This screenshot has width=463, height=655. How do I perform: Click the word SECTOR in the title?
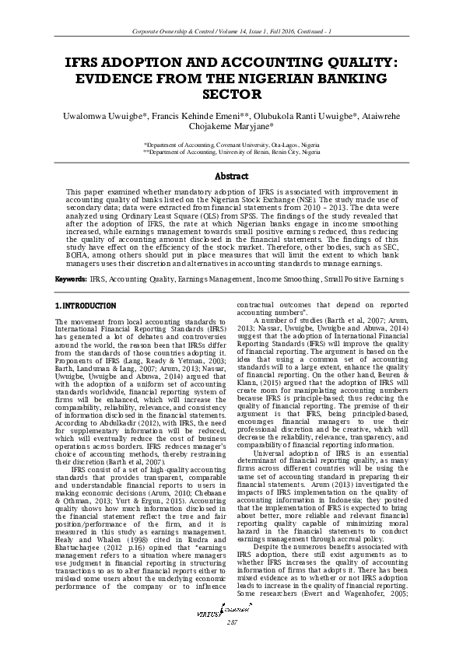coord(231,95)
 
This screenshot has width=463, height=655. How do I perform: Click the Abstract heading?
coord(231,177)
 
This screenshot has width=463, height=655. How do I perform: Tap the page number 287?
coord(231,624)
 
